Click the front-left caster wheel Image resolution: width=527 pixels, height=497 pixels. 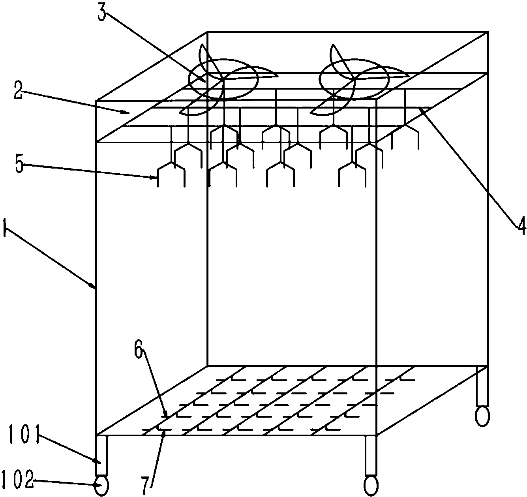tap(101, 485)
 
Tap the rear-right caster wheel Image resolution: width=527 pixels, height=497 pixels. tap(482, 416)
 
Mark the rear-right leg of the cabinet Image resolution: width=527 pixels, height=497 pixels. tap(482, 386)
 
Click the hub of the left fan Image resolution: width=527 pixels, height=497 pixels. tap(223, 79)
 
